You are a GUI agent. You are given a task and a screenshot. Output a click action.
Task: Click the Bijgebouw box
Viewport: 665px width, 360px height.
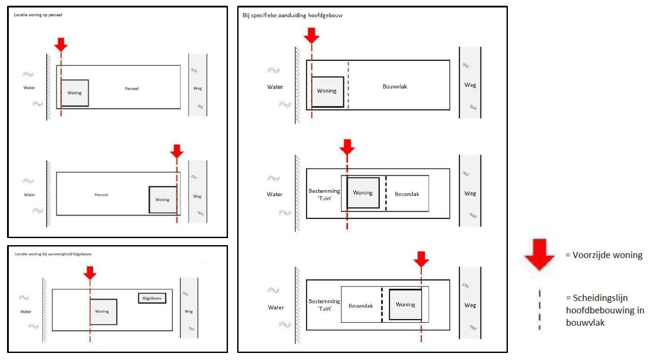(152, 298)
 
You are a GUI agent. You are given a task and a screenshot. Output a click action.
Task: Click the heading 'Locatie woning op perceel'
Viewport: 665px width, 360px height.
(38, 15)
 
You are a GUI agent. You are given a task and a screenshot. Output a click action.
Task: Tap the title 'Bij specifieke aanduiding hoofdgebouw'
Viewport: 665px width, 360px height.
(292, 15)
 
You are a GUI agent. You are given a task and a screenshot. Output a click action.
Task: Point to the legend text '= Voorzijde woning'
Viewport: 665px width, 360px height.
(604, 255)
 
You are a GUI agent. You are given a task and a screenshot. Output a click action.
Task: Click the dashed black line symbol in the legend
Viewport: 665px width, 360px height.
(540, 310)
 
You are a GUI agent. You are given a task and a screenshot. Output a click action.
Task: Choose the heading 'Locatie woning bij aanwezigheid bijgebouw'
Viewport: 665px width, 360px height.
(53, 254)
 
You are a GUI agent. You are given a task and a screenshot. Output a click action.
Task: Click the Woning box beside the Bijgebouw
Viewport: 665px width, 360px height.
(103, 312)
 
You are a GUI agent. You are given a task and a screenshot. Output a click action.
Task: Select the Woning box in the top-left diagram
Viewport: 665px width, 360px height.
(74, 93)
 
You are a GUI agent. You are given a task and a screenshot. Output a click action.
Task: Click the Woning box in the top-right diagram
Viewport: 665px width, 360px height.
(327, 92)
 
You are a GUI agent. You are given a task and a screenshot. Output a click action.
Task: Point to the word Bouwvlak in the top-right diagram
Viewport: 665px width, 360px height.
(394, 87)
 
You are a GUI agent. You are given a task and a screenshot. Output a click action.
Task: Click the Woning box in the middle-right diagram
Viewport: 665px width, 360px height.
(363, 193)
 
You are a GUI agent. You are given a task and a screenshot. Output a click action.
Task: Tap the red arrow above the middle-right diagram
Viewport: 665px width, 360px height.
(347, 147)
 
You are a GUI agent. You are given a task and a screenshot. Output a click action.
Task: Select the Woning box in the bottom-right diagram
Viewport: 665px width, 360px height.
(405, 305)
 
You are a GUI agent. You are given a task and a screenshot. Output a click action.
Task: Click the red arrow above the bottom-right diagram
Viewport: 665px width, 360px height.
(421, 259)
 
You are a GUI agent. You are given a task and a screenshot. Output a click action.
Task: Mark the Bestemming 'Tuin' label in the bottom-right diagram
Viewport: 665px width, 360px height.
(324, 305)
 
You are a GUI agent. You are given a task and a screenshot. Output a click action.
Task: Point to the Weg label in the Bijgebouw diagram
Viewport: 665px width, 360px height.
(188, 311)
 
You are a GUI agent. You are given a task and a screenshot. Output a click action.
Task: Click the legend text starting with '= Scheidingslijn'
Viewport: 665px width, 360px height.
(605, 310)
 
